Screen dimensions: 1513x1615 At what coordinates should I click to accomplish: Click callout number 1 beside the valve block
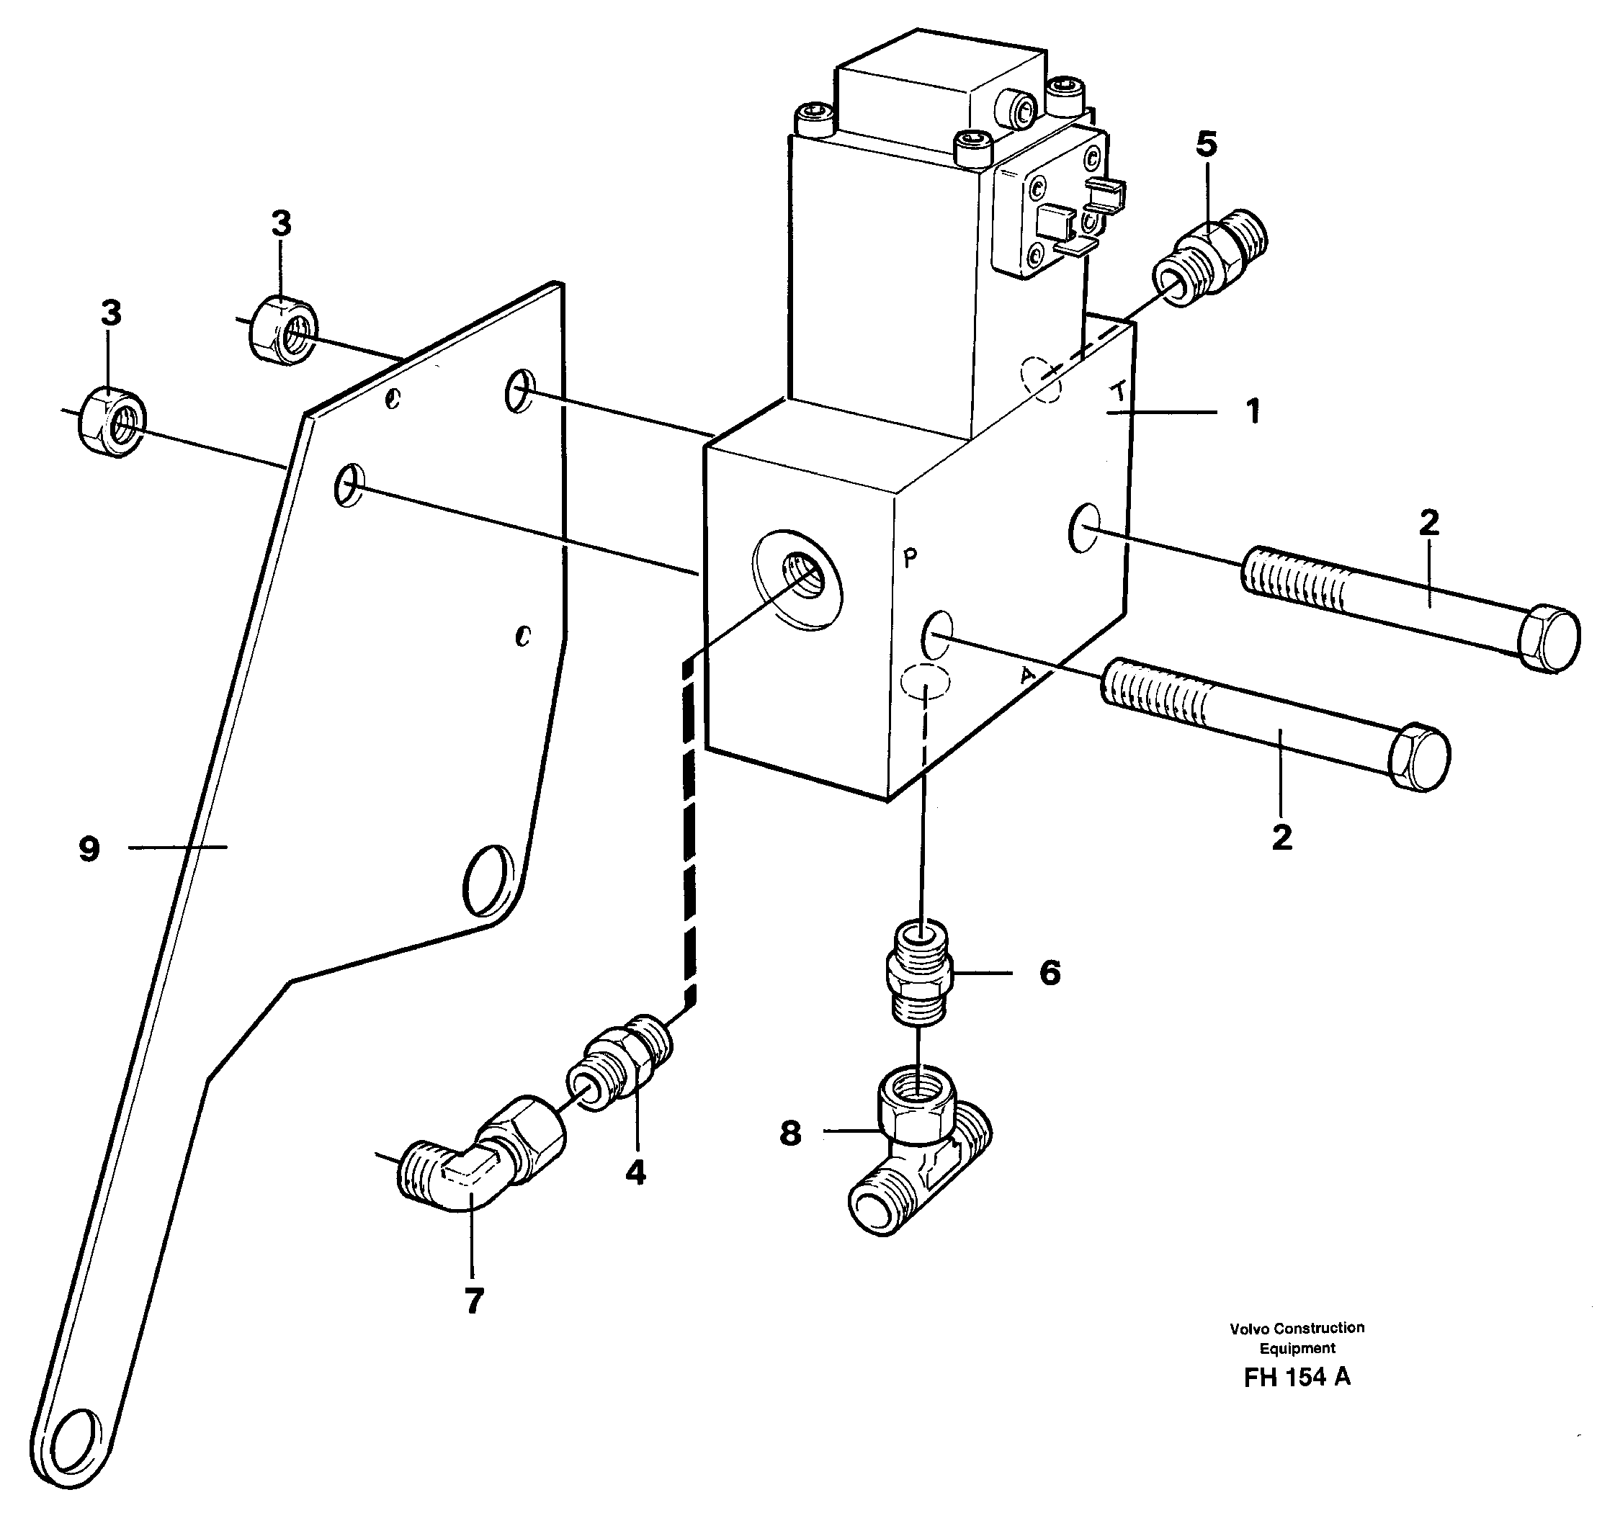[1253, 412]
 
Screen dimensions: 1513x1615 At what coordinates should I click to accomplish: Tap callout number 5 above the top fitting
[1207, 145]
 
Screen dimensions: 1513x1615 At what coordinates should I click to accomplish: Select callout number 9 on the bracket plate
[89, 850]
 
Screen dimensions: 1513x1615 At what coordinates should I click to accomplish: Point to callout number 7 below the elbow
[473, 1301]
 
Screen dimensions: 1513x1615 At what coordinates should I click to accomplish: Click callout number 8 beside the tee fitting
[789, 1133]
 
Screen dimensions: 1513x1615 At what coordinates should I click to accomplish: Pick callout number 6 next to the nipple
[1050, 973]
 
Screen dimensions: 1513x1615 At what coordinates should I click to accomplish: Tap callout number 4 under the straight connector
[635, 1172]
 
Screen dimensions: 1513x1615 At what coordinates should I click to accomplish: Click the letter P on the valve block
[910, 557]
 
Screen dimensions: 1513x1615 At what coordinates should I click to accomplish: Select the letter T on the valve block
[1119, 393]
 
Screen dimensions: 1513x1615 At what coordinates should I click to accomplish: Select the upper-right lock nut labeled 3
[282, 330]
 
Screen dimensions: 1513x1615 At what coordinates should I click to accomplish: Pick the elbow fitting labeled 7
[479, 1162]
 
